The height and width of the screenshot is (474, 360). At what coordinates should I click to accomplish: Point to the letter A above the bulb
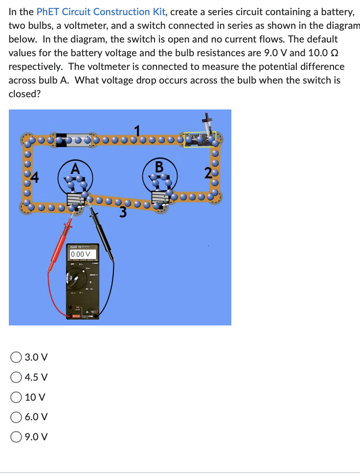(x=75, y=169)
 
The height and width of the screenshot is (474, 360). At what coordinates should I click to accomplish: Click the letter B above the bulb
(x=158, y=167)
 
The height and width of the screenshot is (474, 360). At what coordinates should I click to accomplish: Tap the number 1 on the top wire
(x=138, y=130)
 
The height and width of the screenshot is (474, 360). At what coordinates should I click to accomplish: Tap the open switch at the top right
(x=201, y=138)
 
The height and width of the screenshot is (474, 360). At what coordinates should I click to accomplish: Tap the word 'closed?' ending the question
(x=24, y=94)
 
